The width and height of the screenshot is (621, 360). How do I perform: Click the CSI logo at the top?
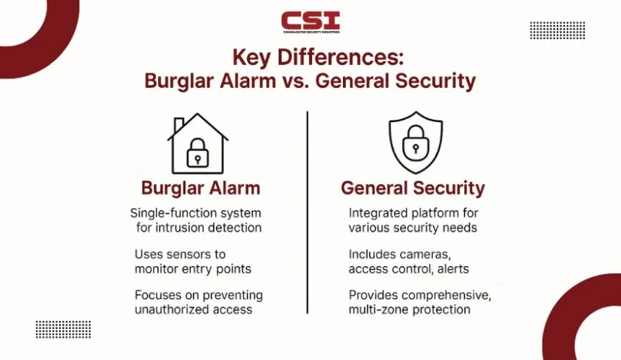click(310, 22)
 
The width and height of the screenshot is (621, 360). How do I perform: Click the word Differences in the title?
click(340, 57)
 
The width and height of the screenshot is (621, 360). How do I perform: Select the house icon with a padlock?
click(197, 143)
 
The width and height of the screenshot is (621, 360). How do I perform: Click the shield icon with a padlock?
click(415, 143)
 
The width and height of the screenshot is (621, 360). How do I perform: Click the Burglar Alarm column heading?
click(201, 189)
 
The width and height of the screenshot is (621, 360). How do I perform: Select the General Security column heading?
click(413, 188)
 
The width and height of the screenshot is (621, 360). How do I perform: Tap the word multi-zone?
click(380, 309)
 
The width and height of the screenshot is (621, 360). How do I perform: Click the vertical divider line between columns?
click(308, 212)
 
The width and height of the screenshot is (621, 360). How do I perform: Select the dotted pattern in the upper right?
click(557, 30)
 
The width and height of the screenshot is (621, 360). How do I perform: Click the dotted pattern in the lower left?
click(64, 330)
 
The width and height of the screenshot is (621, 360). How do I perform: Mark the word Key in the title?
click(251, 58)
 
